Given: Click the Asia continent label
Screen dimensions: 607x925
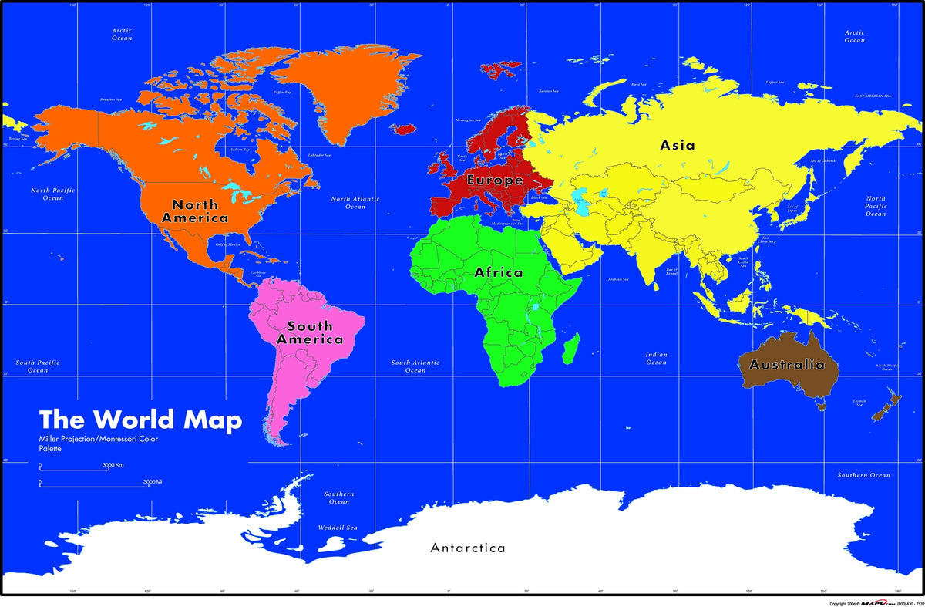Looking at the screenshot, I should pos(677,145).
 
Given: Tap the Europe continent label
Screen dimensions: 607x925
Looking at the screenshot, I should pos(494,180).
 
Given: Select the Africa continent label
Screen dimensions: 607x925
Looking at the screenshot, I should pos(498,272).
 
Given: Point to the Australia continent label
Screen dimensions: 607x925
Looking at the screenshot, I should pos(787,365).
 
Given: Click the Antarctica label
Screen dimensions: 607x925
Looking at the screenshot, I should pos(468,548).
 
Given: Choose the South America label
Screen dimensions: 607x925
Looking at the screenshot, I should pos(310,332).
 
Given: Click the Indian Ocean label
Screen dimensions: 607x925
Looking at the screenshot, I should pos(656,359).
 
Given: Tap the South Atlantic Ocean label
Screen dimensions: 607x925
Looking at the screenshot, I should pos(415,366).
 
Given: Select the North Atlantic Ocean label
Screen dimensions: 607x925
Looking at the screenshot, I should pos(355,203).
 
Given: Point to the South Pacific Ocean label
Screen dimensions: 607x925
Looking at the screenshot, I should pos(38,366).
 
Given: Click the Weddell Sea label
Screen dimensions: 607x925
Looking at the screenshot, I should pos(338,528).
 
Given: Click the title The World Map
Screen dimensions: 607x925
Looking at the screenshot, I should pos(140,420).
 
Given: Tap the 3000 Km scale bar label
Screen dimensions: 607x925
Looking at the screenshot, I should pos(114,465).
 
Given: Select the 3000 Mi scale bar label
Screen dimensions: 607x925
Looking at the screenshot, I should pos(152,482).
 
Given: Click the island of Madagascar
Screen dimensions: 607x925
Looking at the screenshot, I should pos(570,349).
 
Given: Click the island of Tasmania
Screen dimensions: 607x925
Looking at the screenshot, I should pos(822,402).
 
